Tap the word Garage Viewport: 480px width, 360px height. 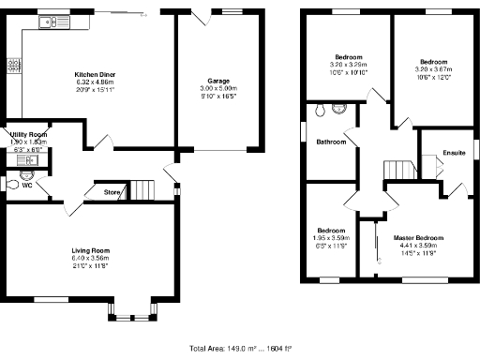218,82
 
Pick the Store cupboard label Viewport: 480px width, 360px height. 112,193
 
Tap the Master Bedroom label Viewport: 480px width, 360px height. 418,238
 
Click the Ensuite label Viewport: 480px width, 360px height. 454,153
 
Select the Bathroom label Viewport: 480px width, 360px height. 330,142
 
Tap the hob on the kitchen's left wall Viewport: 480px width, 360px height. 13,66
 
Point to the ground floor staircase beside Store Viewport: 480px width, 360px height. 142,189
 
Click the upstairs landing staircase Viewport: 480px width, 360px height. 399,169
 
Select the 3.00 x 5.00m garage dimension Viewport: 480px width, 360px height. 218,89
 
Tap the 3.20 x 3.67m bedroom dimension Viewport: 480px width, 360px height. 433,68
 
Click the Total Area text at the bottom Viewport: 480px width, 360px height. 241,348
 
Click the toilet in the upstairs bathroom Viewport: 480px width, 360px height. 323,110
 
